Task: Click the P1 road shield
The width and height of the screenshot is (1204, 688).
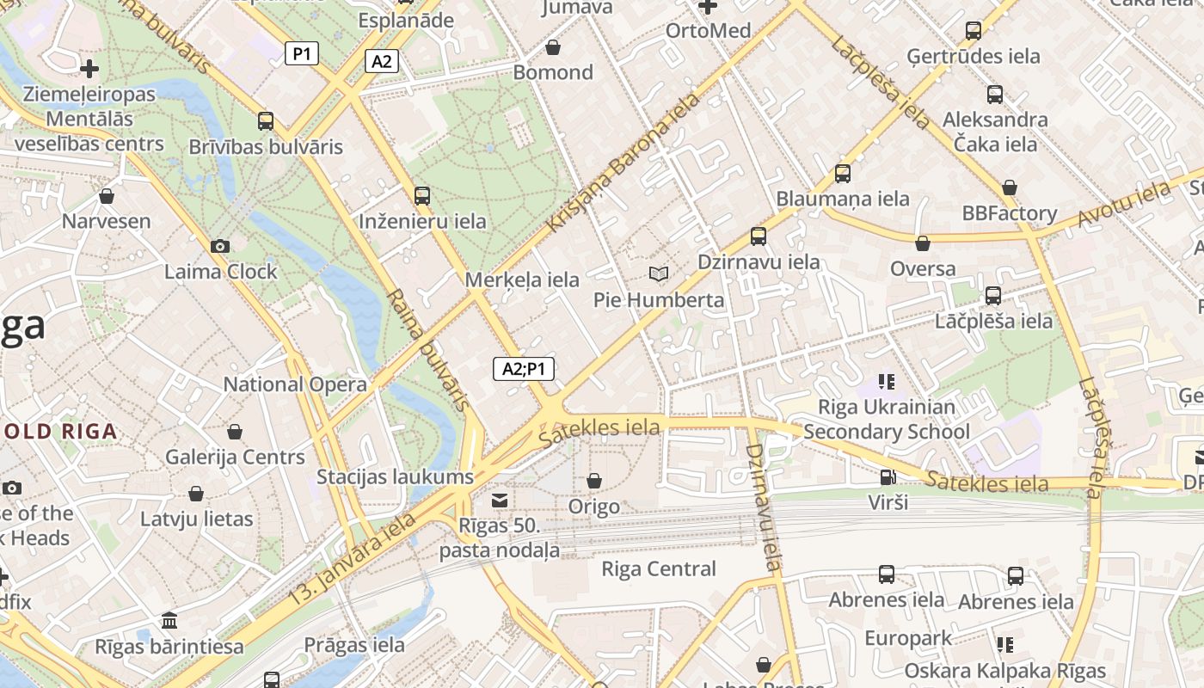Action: [301, 54]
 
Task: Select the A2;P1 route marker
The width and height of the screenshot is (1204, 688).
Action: [523, 369]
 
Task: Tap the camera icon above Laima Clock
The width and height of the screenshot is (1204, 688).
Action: [220, 247]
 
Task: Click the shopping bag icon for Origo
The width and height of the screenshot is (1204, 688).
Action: [593, 481]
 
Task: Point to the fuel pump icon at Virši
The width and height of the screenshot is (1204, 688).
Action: [888, 476]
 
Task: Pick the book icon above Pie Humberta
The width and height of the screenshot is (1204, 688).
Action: [659, 274]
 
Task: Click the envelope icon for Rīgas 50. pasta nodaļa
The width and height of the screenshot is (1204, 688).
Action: [499, 501]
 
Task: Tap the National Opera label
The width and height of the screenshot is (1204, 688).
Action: [295, 384]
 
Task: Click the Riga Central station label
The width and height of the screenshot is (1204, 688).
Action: [658, 568]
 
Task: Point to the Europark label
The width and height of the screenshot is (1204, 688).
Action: [908, 638]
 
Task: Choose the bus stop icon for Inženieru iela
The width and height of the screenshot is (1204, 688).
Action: [421, 196]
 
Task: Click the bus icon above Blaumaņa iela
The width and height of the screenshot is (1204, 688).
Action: [842, 174]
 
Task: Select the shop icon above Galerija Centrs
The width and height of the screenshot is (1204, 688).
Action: [235, 432]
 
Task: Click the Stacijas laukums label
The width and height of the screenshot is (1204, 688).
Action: [395, 476]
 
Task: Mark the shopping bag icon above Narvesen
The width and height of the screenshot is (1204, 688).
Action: [107, 197]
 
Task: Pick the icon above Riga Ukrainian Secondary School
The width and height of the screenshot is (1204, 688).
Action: [886, 381]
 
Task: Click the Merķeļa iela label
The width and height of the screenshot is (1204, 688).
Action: [522, 279]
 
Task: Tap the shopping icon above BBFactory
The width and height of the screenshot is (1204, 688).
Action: [1010, 187]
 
